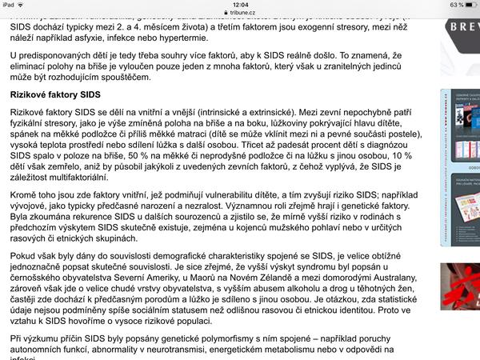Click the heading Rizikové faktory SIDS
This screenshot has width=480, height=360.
tap(55, 94)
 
